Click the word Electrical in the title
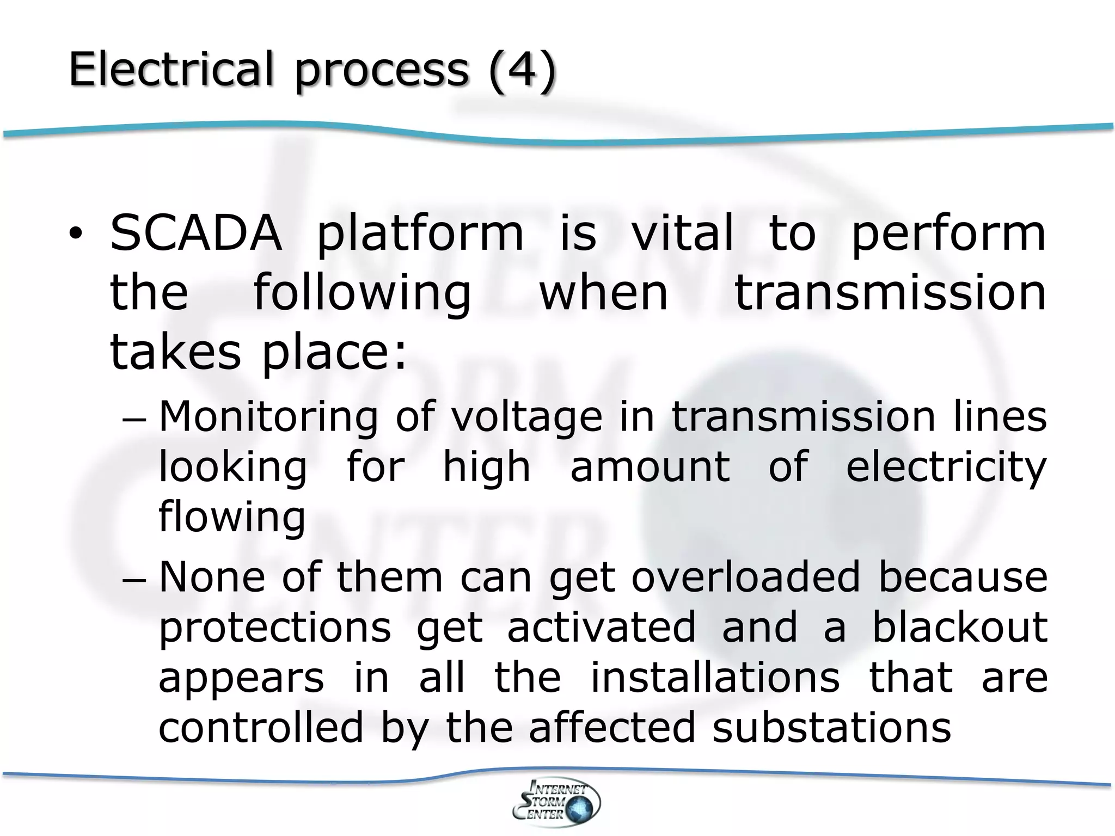[x=170, y=69]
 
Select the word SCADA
[x=196, y=234]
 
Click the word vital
[x=682, y=234]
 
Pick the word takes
[x=175, y=352]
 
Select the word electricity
[x=946, y=468]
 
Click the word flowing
[x=232, y=517]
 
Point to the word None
[x=212, y=577]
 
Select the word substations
[x=831, y=728]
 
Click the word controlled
[x=261, y=728]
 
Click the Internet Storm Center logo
[x=556, y=802]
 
